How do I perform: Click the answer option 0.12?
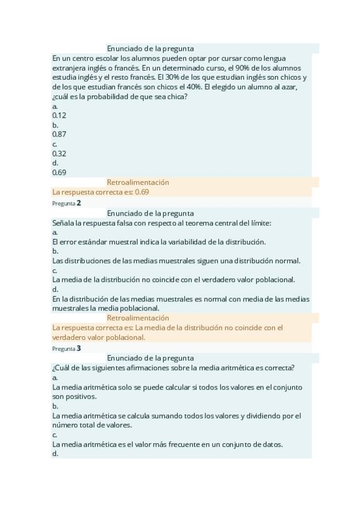(x=59, y=115)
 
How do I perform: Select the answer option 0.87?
(x=59, y=134)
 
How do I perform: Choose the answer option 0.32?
(x=59, y=153)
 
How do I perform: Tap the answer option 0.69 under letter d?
(x=59, y=172)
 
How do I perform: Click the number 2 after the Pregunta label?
(x=79, y=203)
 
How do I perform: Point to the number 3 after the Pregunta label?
(x=79, y=348)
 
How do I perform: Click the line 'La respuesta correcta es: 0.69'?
(x=101, y=192)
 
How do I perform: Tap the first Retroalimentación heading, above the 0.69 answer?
(x=138, y=182)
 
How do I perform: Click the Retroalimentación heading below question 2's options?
(x=138, y=318)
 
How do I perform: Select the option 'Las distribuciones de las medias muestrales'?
(x=176, y=261)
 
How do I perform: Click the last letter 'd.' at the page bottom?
(x=55, y=454)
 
